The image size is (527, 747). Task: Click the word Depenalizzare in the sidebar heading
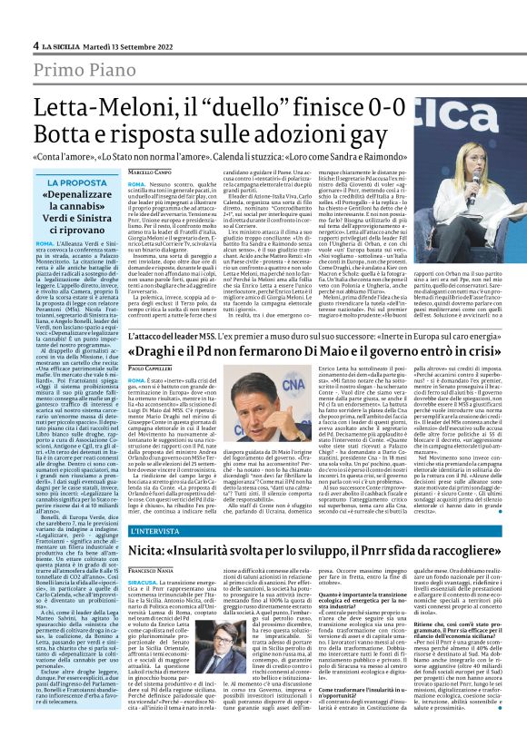point(80,196)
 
